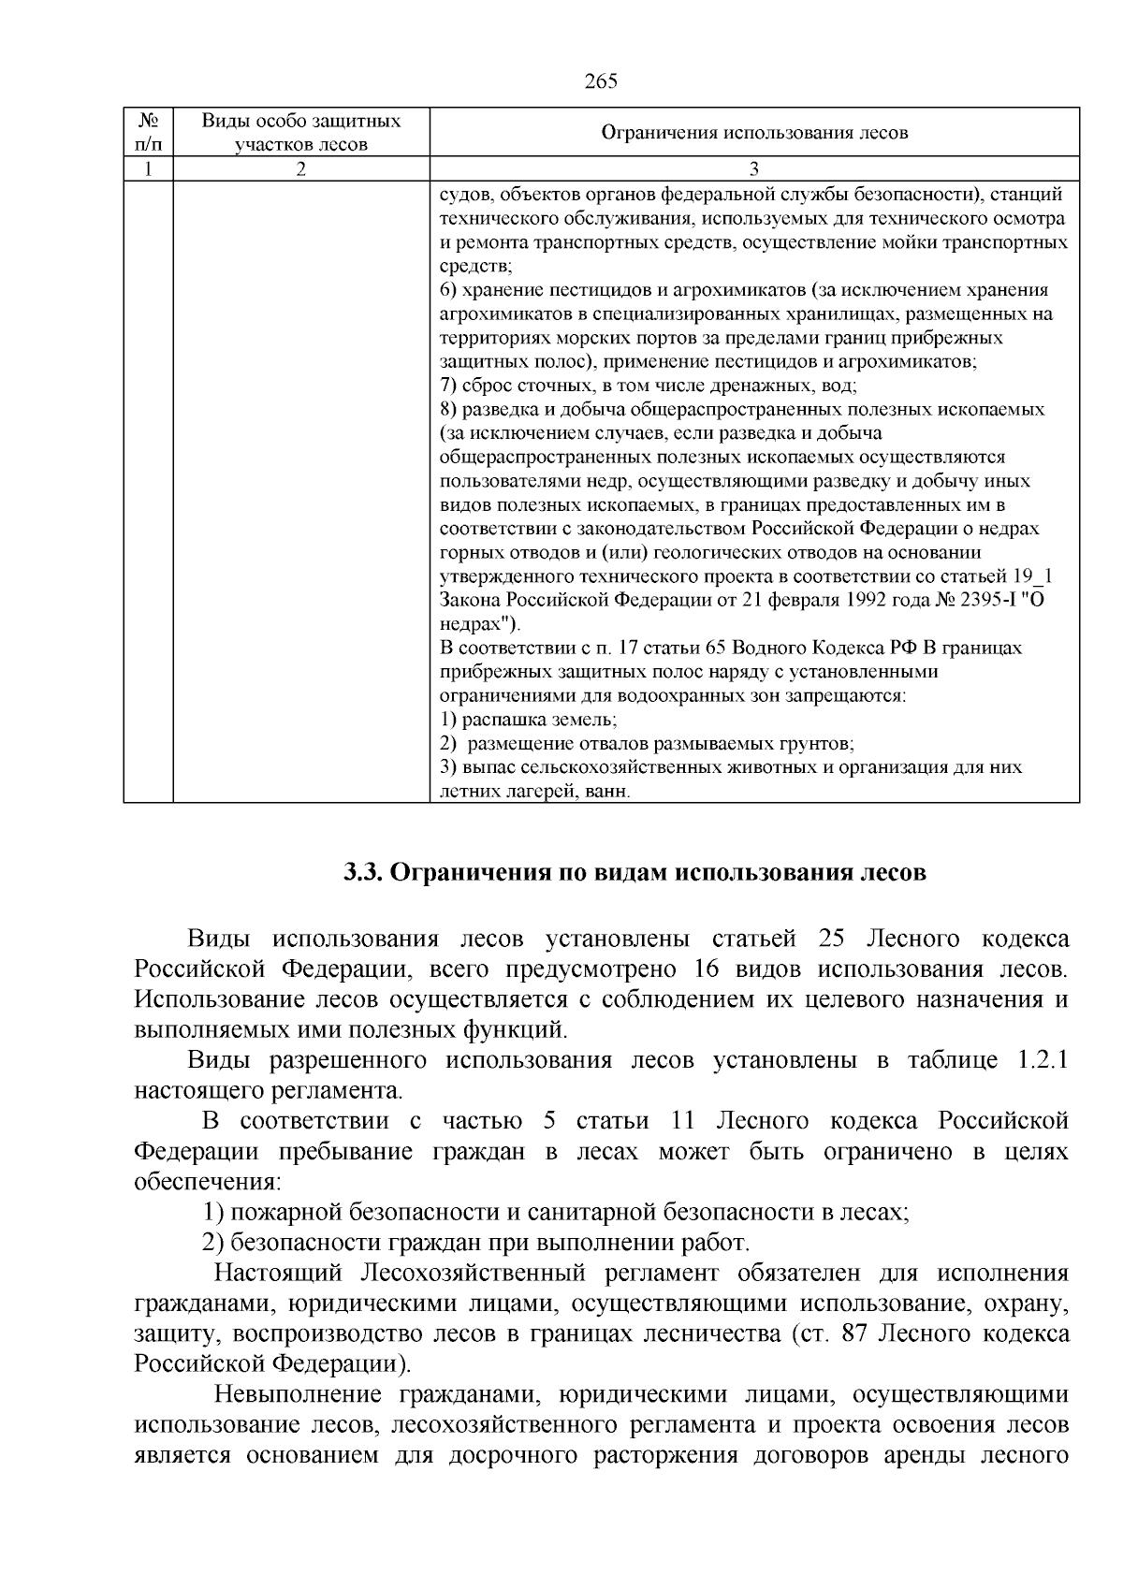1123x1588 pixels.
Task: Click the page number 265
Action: coord(601,81)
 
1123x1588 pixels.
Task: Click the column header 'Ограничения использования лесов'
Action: coord(754,133)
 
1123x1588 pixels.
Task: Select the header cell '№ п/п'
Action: coord(148,133)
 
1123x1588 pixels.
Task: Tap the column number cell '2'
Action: coord(300,169)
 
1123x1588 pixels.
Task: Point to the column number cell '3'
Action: coord(754,169)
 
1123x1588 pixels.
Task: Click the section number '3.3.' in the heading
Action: coord(362,873)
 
